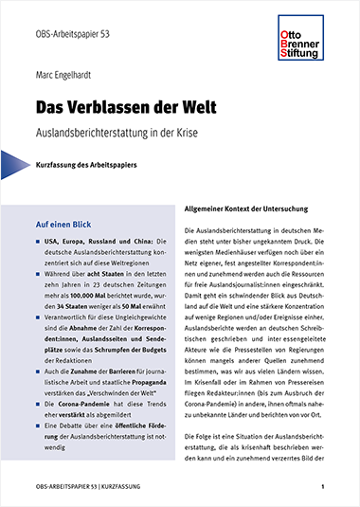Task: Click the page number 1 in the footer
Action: (323, 487)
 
